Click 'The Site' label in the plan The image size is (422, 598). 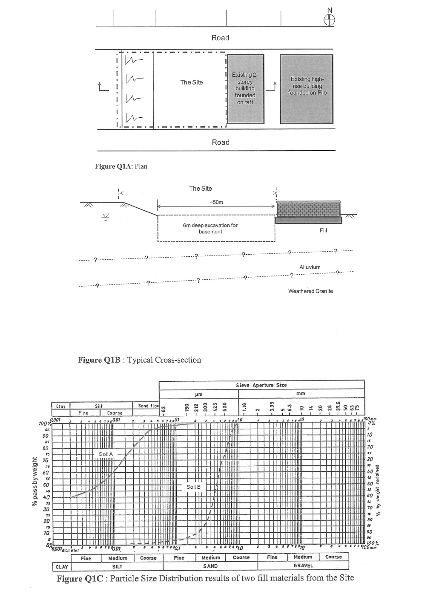coord(192,82)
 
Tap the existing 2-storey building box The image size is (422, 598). coord(245,88)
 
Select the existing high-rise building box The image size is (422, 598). coord(307,88)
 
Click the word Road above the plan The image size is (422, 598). coord(220,38)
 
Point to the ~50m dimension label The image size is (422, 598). coord(217,202)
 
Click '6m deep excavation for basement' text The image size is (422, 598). coord(210,228)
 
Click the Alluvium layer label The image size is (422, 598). coord(310,267)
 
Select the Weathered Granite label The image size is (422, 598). coord(310,291)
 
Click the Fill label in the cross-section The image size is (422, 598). coord(323,230)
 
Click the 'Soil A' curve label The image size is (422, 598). coord(106,454)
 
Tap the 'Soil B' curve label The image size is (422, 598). coord(193,487)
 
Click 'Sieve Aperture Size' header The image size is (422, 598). coord(261,385)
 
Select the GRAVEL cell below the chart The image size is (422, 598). coord(303,566)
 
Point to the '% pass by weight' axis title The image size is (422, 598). coord(35,482)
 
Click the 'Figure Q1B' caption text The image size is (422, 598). coord(139,360)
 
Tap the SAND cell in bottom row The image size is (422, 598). coord(210,566)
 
